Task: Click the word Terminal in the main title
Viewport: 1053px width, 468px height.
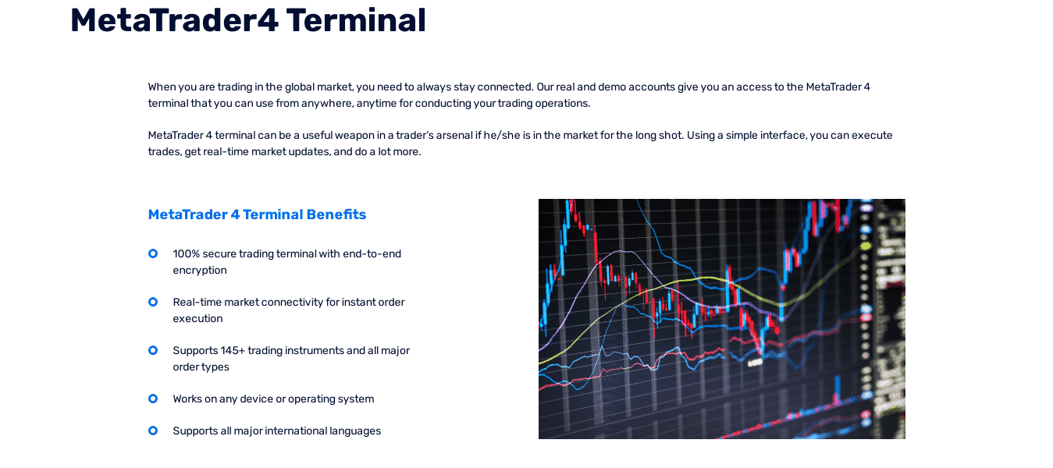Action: [356, 21]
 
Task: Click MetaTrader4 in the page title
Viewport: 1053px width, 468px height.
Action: [174, 21]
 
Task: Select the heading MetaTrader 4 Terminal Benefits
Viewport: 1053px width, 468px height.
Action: [257, 214]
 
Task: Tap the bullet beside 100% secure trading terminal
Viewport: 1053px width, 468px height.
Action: [153, 253]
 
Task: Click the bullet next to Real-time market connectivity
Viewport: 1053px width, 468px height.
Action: [153, 302]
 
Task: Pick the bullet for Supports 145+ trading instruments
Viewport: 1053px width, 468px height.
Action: [153, 350]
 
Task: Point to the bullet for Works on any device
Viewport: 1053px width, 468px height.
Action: [153, 399]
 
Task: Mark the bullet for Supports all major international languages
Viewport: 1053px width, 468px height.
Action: [153, 431]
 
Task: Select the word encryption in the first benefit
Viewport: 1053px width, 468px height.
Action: [200, 271]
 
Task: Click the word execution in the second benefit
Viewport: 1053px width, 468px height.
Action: [198, 318]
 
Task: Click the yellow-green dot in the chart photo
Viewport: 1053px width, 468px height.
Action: [866, 246]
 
